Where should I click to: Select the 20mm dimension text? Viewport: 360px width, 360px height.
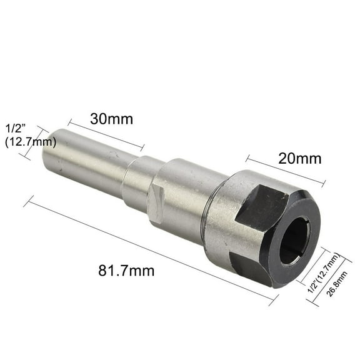(300, 158)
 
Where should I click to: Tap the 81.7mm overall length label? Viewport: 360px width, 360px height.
(126, 271)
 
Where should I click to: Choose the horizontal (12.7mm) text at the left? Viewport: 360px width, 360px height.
(30, 142)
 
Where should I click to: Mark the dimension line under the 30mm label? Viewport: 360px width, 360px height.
(106, 134)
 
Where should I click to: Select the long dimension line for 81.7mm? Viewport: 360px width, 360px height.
(150, 250)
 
